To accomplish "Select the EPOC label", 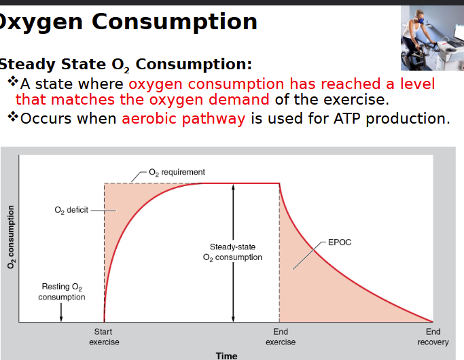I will [x=340, y=242].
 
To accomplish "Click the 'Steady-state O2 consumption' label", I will [x=232, y=252].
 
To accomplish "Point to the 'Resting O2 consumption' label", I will [x=62, y=291].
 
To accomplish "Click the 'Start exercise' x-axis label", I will [x=103, y=336].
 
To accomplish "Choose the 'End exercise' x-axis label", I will [x=281, y=336].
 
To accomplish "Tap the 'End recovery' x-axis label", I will [x=433, y=336].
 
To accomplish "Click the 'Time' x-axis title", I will [x=226, y=355].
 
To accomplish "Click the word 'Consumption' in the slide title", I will [x=175, y=22].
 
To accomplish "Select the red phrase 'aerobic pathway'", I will [x=183, y=118].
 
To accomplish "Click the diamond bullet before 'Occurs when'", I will [x=13, y=117].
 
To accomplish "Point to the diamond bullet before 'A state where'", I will [x=13, y=83].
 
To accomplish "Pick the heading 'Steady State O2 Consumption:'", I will [x=126, y=65].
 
